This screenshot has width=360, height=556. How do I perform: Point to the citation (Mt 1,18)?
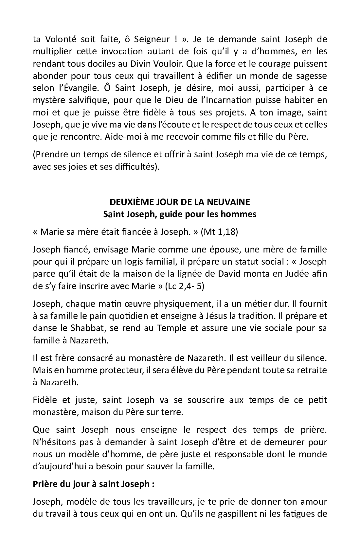click(x=220, y=232)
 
